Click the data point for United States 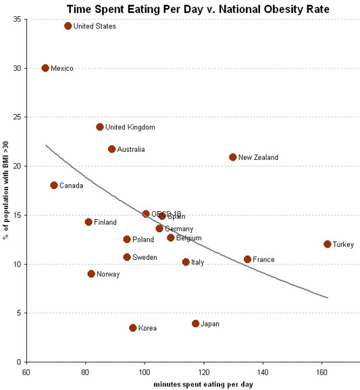click(68, 26)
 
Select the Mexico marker click(45, 68)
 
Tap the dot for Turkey click(328, 244)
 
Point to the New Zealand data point click(233, 157)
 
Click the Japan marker click(196, 324)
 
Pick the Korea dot click(133, 328)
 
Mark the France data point click(248, 259)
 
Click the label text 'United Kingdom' click(130, 127)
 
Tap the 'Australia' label click(131, 149)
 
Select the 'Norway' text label click(108, 274)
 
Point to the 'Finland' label click(105, 222)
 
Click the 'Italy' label click(197, 262)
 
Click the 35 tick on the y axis click(16, 19)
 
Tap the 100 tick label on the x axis click(144, 371)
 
